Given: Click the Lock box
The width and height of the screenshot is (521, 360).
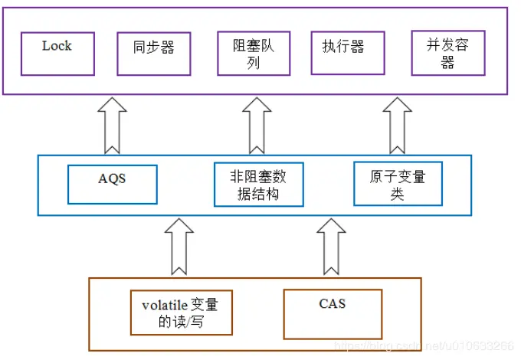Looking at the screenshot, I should (57, 53).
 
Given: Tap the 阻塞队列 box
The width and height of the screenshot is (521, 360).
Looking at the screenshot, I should (254, 53).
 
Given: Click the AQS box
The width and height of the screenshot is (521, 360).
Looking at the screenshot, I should (112, 184).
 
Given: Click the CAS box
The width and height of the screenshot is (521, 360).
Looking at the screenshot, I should (332, 313).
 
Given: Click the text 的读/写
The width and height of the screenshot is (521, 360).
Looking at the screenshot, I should (181, 322).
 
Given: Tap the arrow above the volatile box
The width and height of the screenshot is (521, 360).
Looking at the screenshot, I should (180, 246).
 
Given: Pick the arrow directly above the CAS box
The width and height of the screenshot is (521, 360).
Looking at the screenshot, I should (332, 246).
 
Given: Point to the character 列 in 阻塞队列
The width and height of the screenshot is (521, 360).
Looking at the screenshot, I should (254, 63).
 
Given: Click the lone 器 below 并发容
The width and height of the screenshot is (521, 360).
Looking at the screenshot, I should (447, 64).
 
